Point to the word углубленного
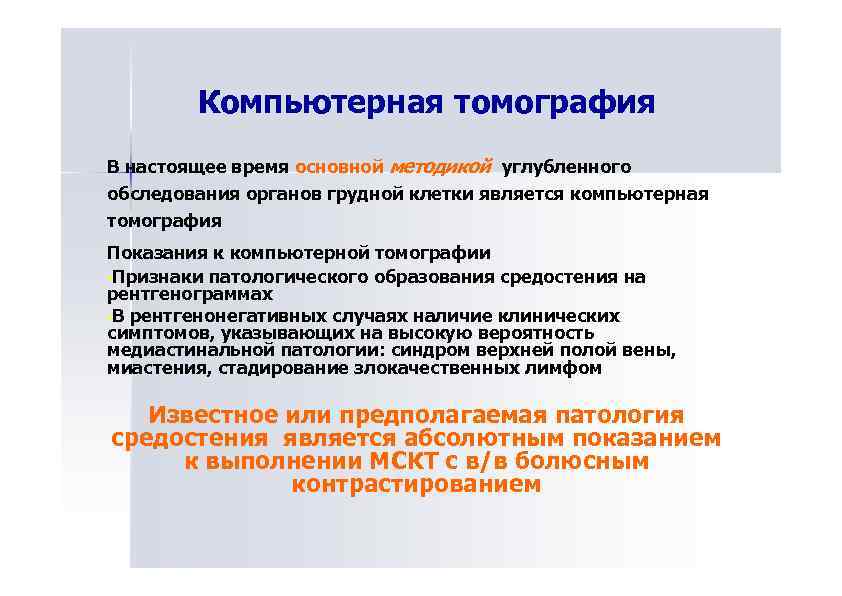[565, 165]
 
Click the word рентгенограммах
[190, 295]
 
